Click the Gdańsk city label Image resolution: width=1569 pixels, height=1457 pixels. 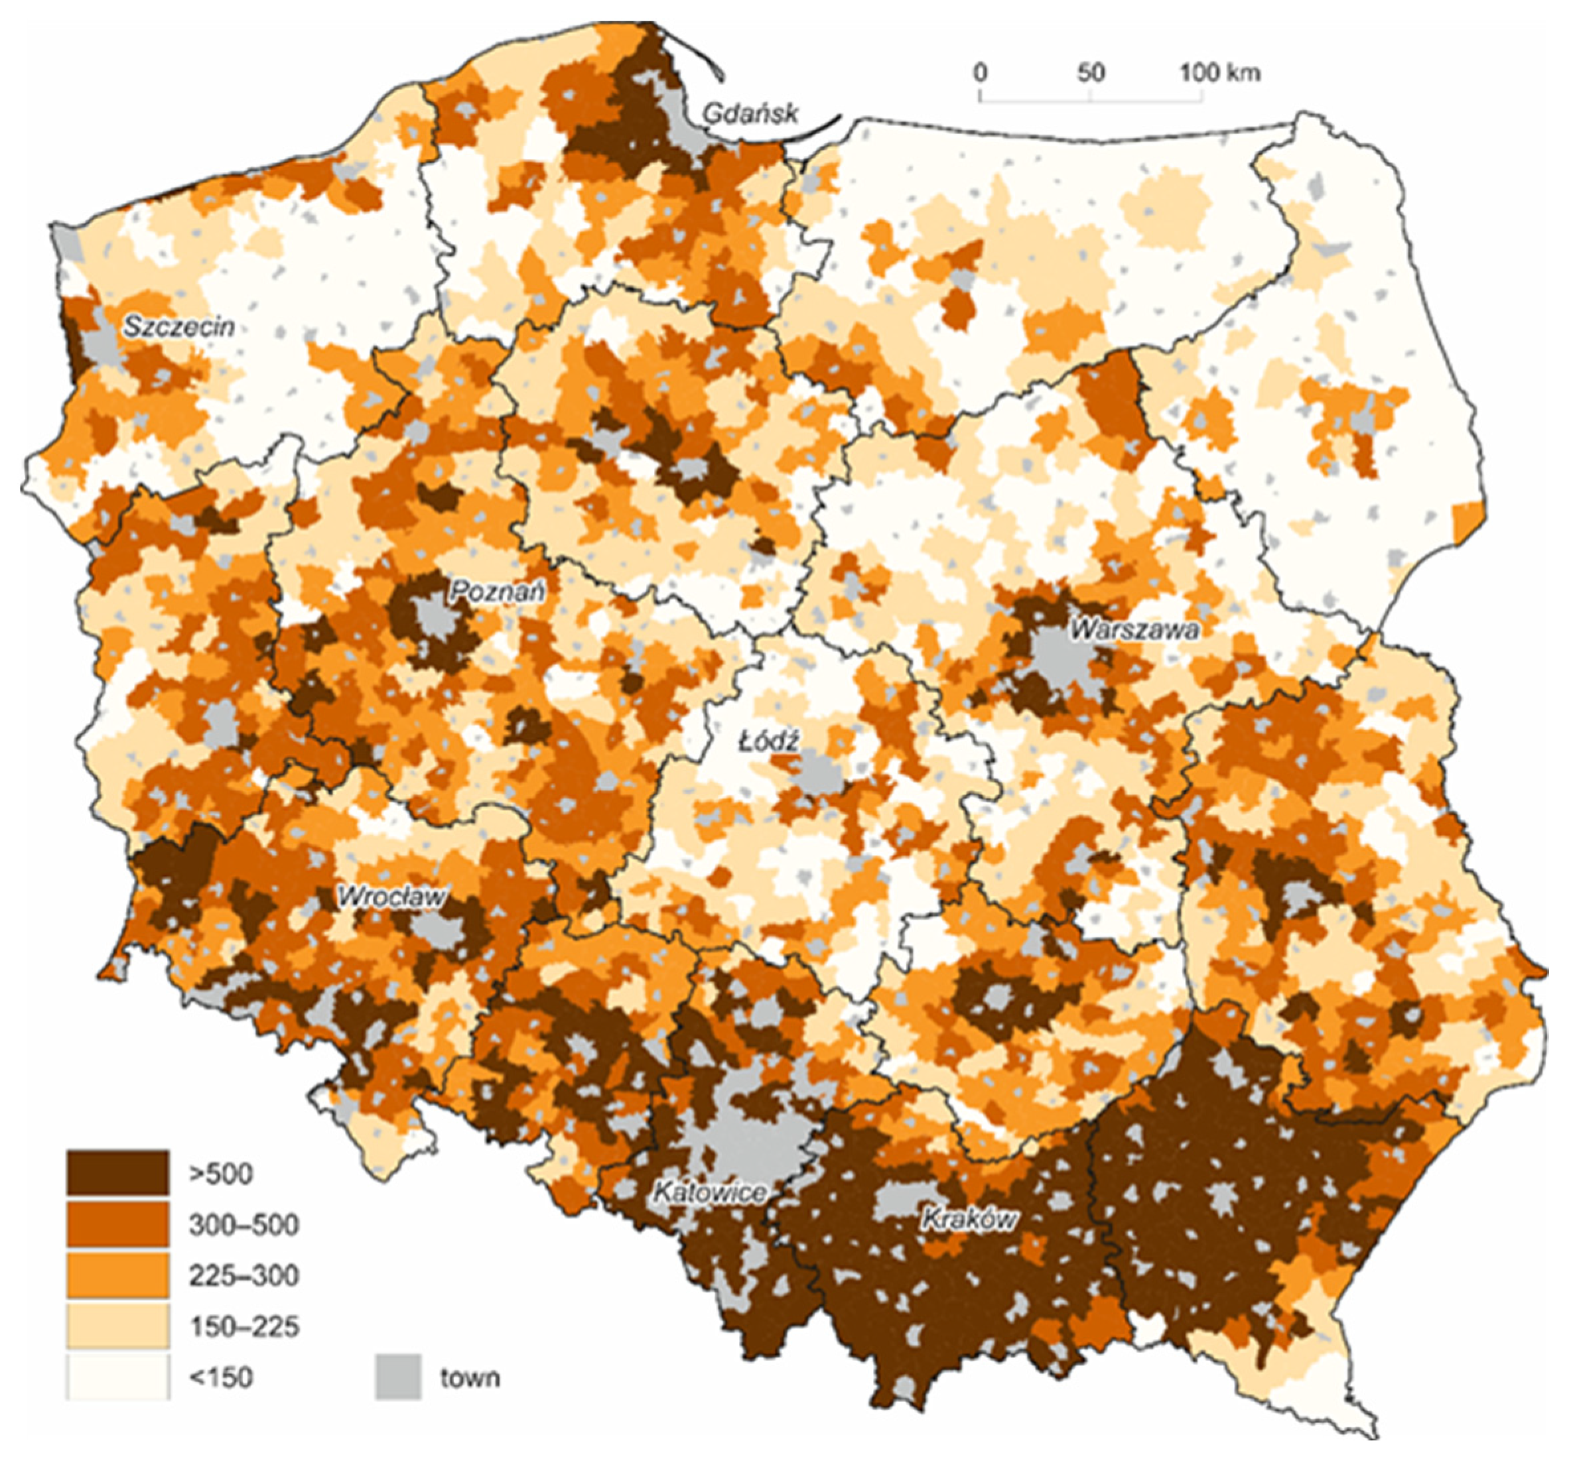pyautogui.click(x=750, y=113)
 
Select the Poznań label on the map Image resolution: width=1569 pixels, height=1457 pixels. pyautogui.click(x=496, y=592)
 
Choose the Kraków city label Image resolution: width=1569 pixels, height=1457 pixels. pyautogui.click(x=969, y=1220)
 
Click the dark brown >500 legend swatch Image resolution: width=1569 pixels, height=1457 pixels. pyautogui.click(x=117, y=1172)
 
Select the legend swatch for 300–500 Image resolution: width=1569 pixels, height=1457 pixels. pyautogui.click(x=117, y=1224)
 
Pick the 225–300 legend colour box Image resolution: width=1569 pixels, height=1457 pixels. pyautogui.click(x=117, y=1275)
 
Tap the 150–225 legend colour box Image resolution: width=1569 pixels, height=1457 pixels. pyautogui.click(x=117, y=1326)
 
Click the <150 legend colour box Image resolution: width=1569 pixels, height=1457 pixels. pyautogui.click(x=117, y=1377)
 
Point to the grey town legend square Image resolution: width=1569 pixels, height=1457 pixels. pyautogui.click(x=397, y=1377)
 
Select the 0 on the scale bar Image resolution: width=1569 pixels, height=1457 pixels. pyautogui.click(x=980, y=72)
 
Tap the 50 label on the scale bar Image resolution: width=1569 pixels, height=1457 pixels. pyautogui.click(x=1090, y=72)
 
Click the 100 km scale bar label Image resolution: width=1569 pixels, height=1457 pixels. pyautogui.click(x=1219, y=72)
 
